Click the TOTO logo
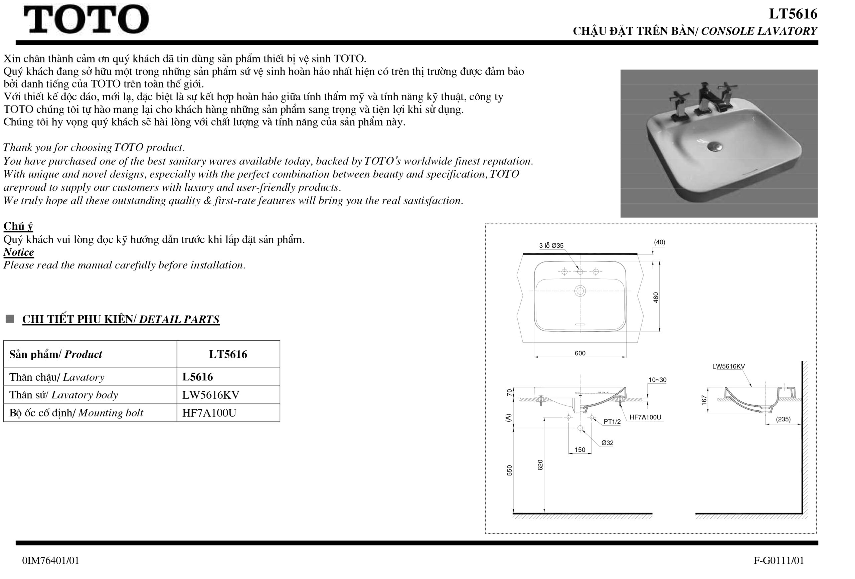pos(86,19)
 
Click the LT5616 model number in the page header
pos(793,14)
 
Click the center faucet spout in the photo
pos(708,99)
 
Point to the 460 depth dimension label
pos(656,297)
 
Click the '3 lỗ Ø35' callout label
pos(551,245)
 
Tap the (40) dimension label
pos(659,242)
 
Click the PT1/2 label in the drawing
pos(612,421)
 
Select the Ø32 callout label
pos(607,443)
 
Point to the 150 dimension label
pos(580,449)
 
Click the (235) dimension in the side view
pos(783,419)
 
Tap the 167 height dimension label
pos(704,400)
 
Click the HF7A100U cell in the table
pos(209,413)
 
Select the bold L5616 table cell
pos(198,377)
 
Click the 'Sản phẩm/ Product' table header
pos(55,354)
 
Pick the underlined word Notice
pos(18,252)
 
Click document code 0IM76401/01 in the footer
pos(50,561)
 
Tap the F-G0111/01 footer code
pos(779,561)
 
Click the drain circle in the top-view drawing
pos(580,291)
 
